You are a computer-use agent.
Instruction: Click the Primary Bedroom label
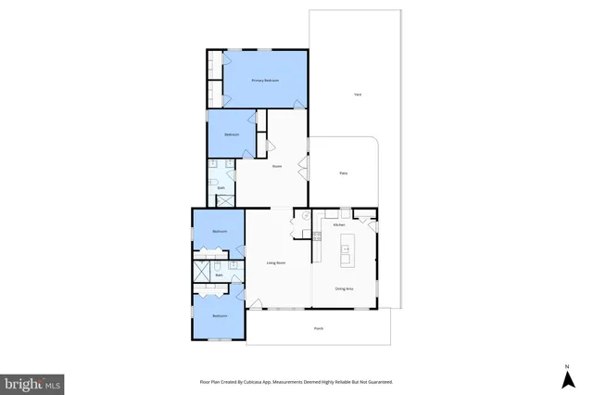(x=265, y=82)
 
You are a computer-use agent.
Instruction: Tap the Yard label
(x=357, y=95)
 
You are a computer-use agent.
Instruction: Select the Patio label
(x=343, y=173)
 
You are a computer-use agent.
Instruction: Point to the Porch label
(x=318, y=328)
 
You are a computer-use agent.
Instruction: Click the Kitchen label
(x=339, y=225)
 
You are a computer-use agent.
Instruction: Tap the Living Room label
(x=276, y=263)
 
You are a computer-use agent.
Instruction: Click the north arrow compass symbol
(x=565, y=376)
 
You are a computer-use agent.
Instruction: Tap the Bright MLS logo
(x=32, y=383)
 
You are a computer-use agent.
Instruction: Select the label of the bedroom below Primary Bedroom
(x=232, y=134)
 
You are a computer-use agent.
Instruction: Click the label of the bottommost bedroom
(x=220, y=316)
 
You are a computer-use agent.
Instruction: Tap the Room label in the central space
(x=276, y=166)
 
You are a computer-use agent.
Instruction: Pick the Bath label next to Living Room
(x=220, y=274)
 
